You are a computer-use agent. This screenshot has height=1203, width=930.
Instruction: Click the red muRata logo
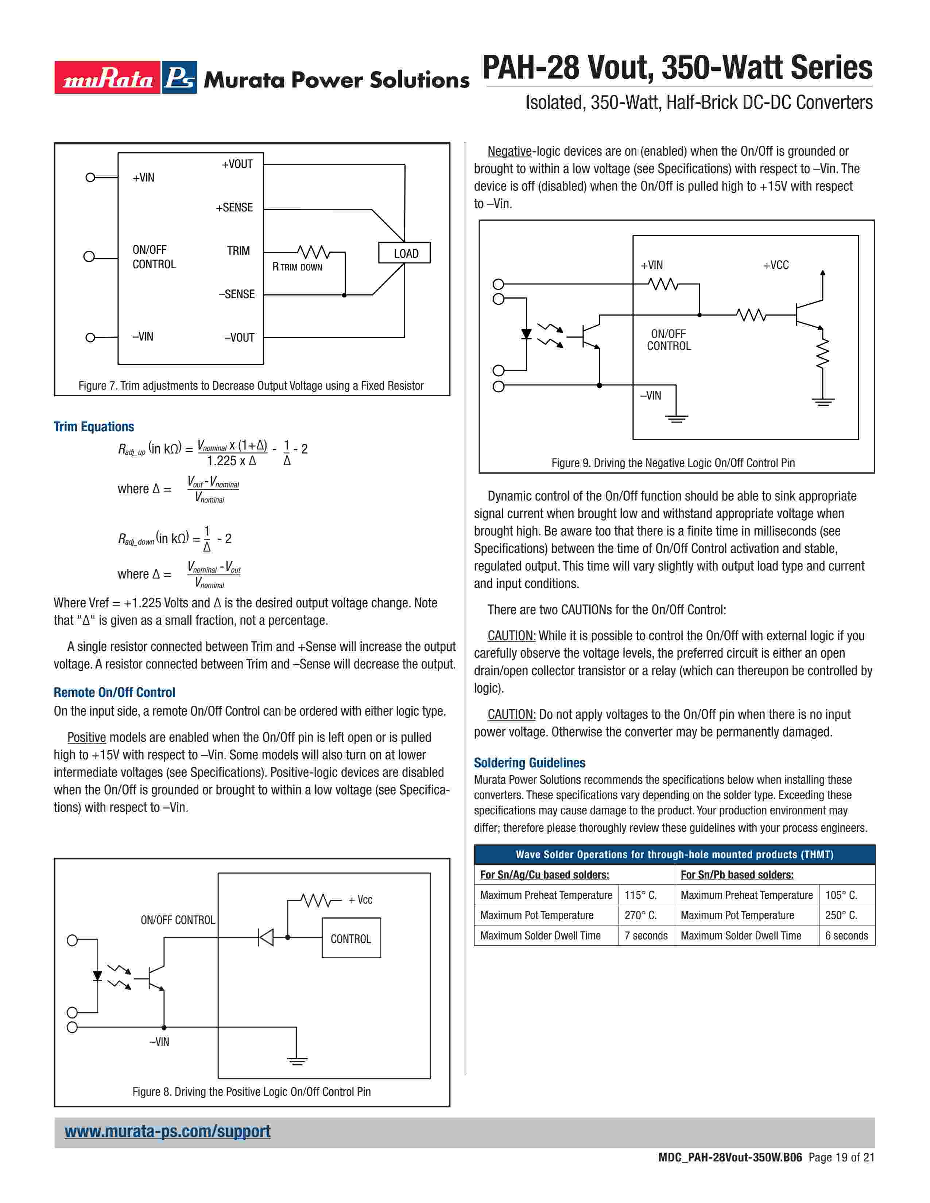click(x=108, y=78)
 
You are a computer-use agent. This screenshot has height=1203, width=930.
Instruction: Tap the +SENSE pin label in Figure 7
click(x=234, y=208)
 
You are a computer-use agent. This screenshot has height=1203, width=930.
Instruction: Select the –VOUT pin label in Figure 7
click(x=239, y=338)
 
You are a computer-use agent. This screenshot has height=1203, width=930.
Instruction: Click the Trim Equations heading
click(x=94, y=427)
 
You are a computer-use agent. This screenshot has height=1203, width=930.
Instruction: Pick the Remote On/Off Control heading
click(x=114, y=692)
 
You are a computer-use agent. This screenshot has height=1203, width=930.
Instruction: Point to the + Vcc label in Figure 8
click(x=360, y=899)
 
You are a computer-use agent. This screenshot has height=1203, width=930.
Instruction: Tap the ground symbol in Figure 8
click(x=297, y=1061)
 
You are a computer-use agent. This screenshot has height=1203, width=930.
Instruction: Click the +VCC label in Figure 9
click(x=776, y=265)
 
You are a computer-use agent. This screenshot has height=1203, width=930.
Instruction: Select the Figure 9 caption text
click(x=673, y=463)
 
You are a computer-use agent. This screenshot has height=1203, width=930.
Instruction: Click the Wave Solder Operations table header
click(x=674, y=854)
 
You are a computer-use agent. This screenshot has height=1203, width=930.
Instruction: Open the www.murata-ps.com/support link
click(x=167, y=1131)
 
